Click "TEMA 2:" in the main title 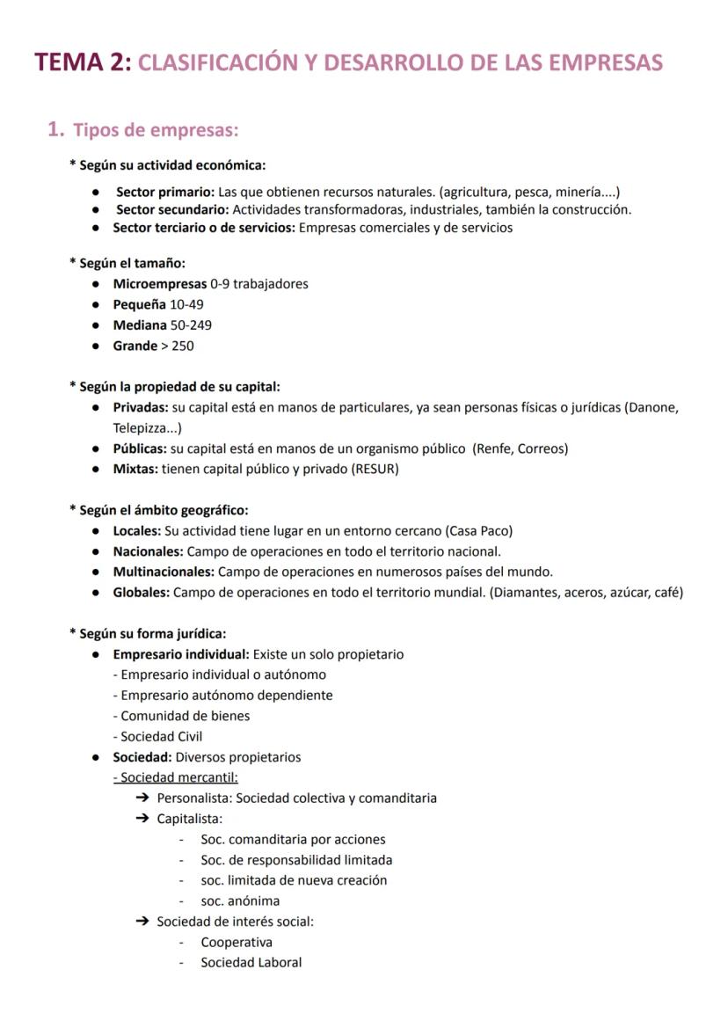[x=83, y=63]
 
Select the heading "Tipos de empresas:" [x=156, y=130]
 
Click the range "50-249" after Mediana [x=191, y=324]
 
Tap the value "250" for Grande [x=183, y=346]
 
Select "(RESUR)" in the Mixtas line [x=375, y=469]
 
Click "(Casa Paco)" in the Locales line [x=479, y=531]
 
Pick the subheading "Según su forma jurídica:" [x=152, y=633]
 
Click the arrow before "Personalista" [x=142, y=798]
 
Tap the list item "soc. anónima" [x=240, y=900]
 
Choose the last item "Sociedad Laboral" [x=251, y=962]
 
